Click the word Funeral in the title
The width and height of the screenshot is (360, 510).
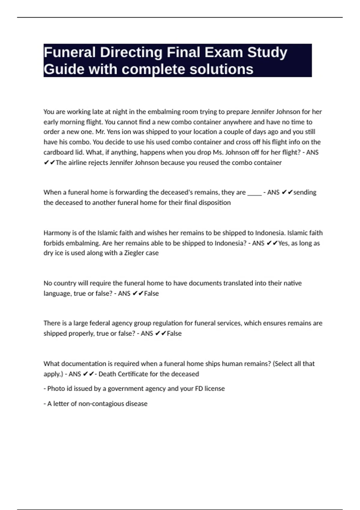click(70, 52)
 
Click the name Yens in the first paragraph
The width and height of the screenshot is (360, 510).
click(113, 132)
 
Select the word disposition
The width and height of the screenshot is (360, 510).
click(213, 203)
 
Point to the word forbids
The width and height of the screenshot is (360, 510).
click(54, 243)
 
